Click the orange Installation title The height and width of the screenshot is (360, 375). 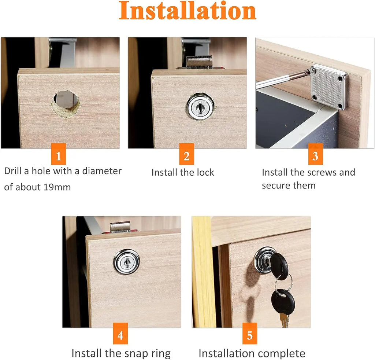pyautogui.click(x=187, y=11)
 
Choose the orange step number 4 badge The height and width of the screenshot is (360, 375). pyautogui.click(x=120, y=335)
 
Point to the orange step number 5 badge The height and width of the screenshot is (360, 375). pyautogui.click(x=249, y=335)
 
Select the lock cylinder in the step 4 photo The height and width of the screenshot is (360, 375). pyautogui.click(x=126, y=262)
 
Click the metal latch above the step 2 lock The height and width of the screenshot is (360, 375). pyautogui.click(x=199, y=62)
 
